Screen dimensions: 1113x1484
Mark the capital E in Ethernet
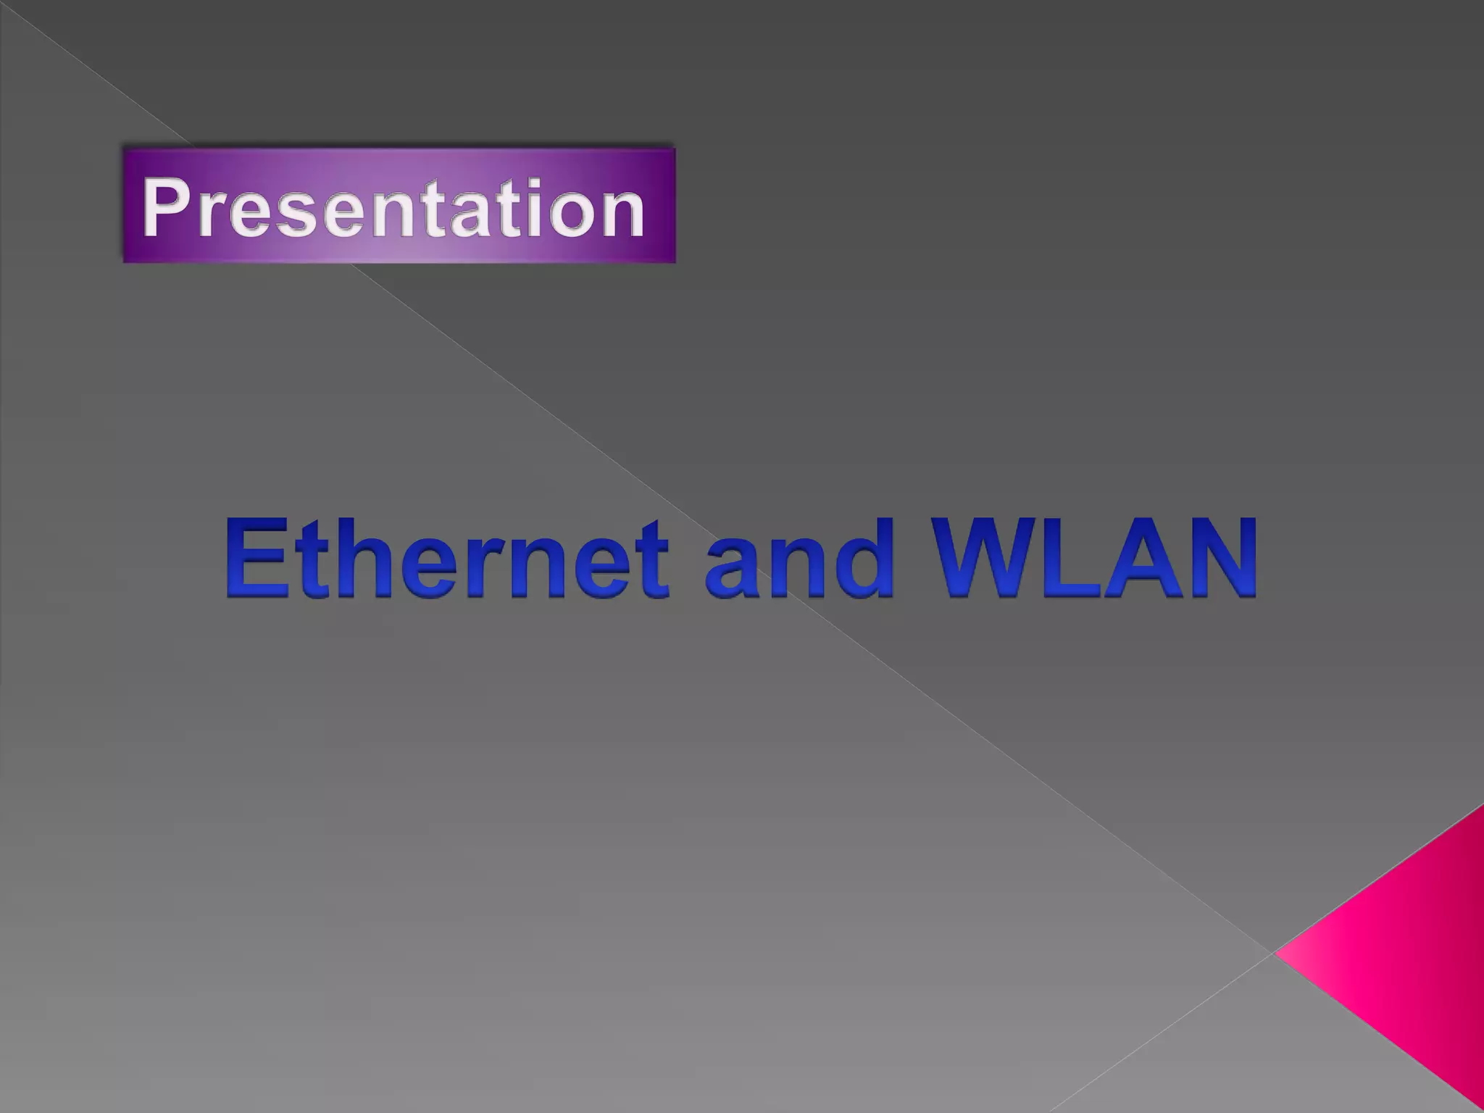(x=254, y=558)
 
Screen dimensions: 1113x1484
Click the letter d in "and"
(x=862, y=558)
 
